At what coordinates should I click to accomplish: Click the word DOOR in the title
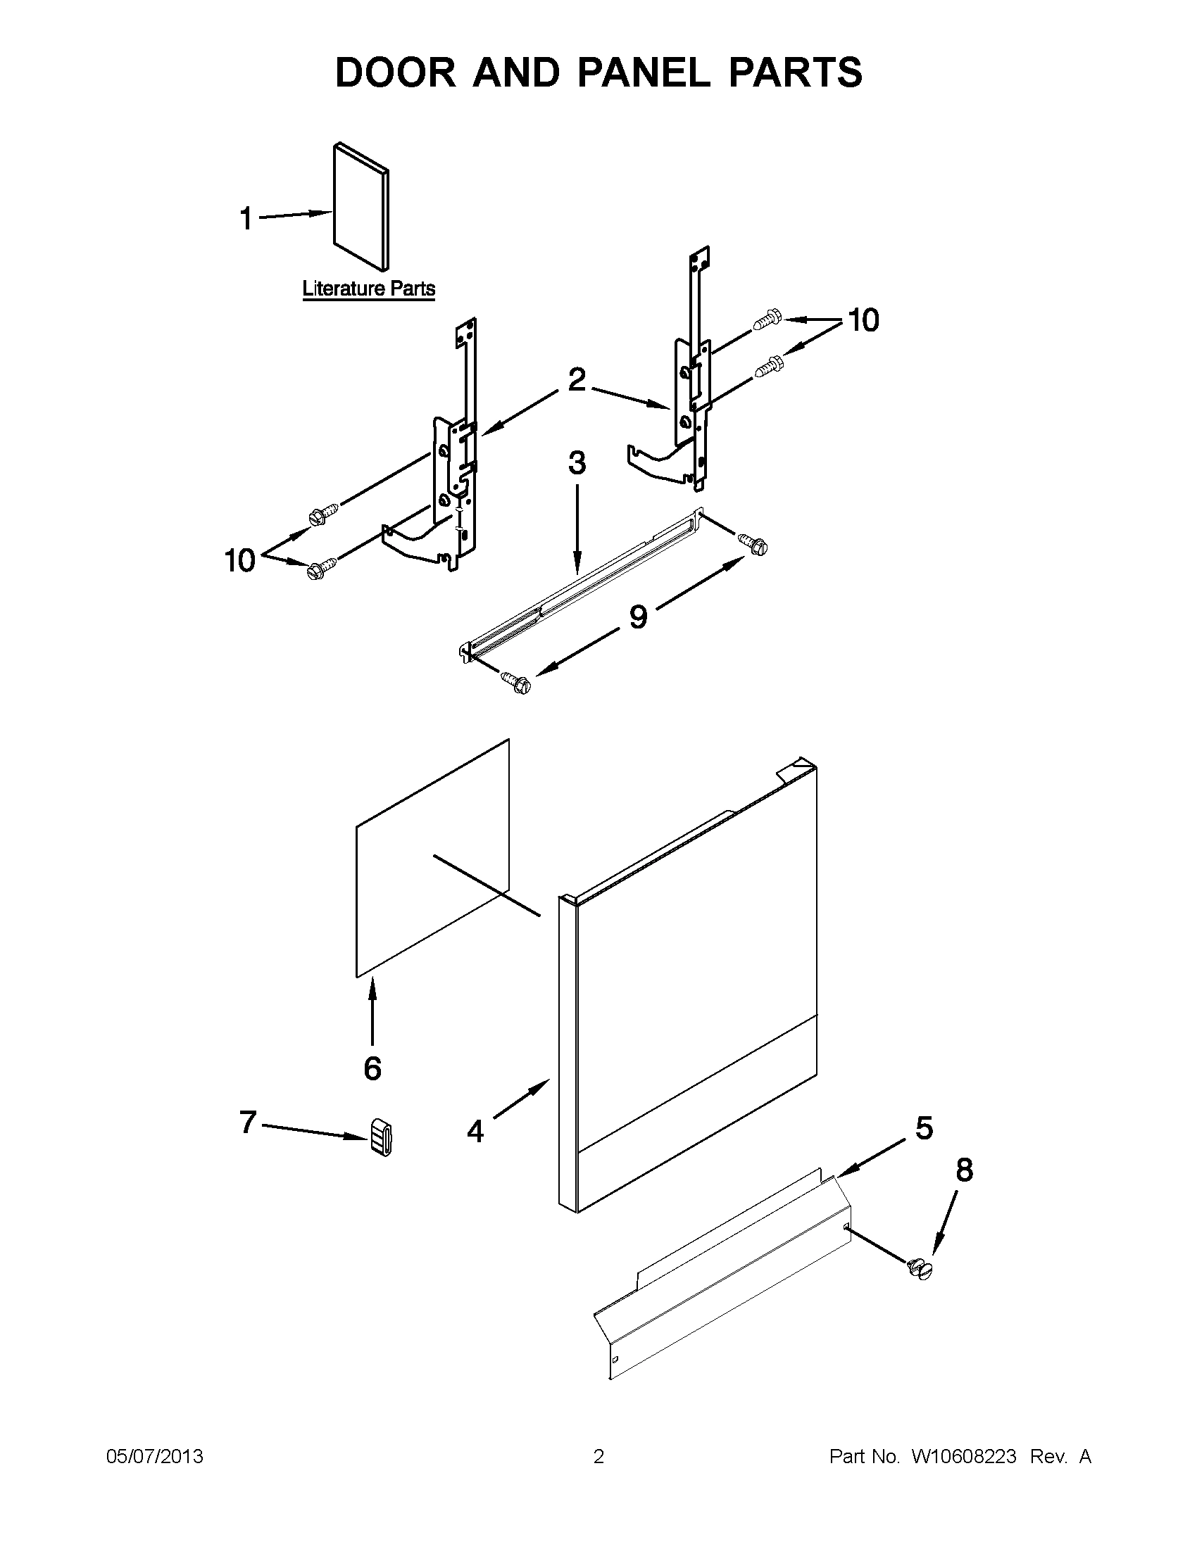[395, 72]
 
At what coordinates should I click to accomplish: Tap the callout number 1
[246, 218]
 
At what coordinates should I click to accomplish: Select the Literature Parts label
[368, 289]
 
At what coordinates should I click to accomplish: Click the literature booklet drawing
[361, 206]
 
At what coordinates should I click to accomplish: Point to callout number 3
[577, 463]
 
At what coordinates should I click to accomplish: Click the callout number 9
[638, 617]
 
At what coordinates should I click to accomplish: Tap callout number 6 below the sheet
[372, 1068]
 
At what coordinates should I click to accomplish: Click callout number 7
[247, 1122]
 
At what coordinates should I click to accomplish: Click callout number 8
[964, 1170]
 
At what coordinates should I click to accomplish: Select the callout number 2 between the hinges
[577, 380]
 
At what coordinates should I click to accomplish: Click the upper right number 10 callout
[863, 321]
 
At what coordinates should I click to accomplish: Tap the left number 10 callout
[239, 561]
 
